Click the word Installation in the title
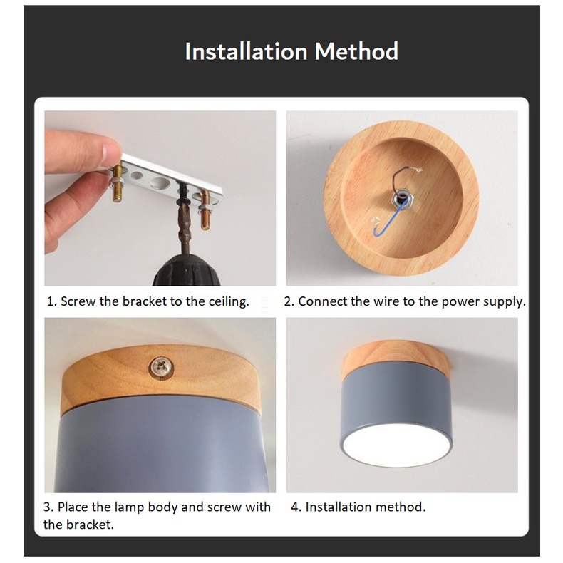tap(247, 51)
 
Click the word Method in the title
tap(356, 51)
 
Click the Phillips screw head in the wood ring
tap(160, 367)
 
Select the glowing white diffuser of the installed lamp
tap(396, 445)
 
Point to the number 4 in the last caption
tap(295, 507)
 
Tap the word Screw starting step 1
tap(78, 301)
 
